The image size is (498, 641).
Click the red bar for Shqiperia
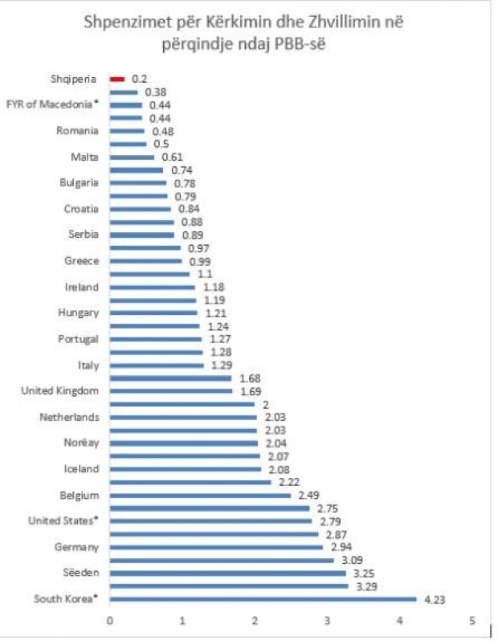[x=117, y=79]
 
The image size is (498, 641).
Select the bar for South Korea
[x=263, y=598]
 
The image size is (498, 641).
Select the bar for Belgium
[x=199, y=495]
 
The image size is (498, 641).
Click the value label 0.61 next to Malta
[x=172, y=157]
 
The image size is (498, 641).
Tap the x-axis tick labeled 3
[x=328, y=620]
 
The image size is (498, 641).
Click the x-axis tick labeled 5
[x=473, y=620]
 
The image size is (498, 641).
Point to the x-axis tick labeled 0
[x=109, y=620]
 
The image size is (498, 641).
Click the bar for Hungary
[x=153, y=312]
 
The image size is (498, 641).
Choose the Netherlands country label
[x=69, y=417]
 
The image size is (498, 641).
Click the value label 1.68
[x=248, y=378]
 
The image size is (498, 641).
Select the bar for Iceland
[x=185, y=469]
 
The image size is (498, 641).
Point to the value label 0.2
[x=141, y=79]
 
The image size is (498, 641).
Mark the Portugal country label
[x=79, y=339]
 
